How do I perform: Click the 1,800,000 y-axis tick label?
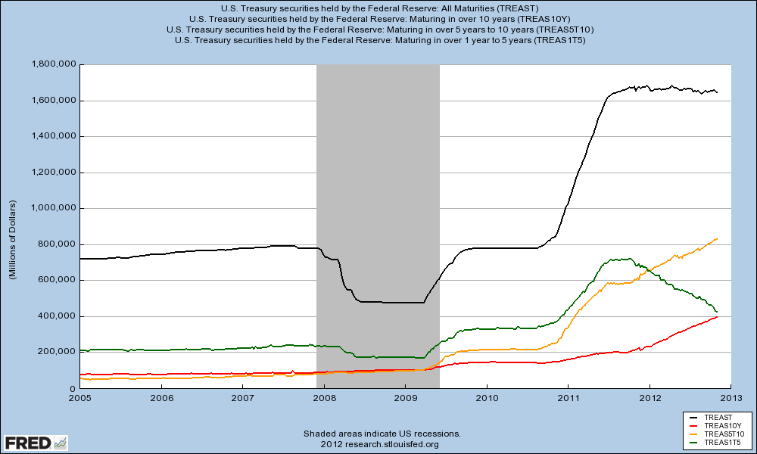click(x=53, y=64)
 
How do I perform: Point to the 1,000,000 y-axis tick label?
click(x=53, y=208)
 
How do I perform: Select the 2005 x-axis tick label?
click(x=79, y=396)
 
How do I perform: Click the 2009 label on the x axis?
click(x=406, y=396)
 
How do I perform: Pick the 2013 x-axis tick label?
click(x=731, y=396)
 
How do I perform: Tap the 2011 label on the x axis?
click(x=569, y=396)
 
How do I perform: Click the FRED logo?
click(x=35, y=442)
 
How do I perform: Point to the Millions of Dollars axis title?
click(x=13, y=240)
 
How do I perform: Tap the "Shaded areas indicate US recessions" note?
click(x=382, y=434)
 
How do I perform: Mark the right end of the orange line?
click(x=717, y=239)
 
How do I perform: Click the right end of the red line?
click(x=717, y=317)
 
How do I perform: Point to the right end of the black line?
click(x=717, y=92)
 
